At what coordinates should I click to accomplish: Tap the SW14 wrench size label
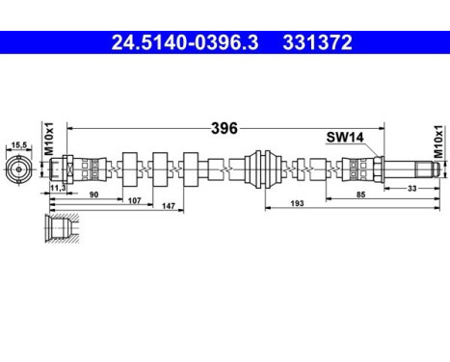[x=343, y=139]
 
